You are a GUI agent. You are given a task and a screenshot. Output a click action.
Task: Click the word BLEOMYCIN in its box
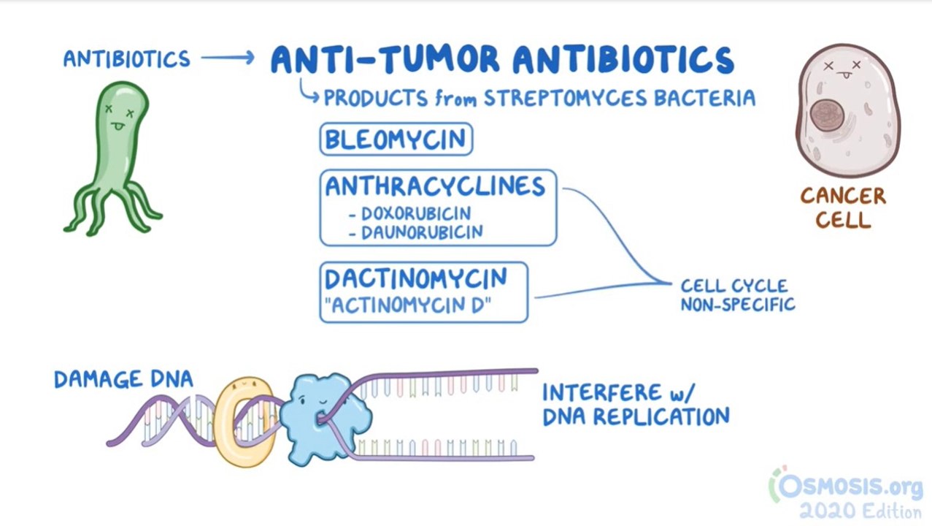pos(396,140)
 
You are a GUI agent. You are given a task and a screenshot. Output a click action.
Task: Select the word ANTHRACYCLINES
pos(435,186)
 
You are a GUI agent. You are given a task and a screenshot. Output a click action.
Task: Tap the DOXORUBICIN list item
pos(414,214)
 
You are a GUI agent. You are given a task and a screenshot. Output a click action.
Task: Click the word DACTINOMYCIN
pos(416,278)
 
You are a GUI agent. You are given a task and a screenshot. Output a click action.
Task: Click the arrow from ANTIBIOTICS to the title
pos(227,58)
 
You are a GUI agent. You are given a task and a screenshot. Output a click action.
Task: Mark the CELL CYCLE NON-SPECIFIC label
pos(737,295)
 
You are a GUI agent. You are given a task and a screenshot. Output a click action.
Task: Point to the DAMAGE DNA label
pos(123,378)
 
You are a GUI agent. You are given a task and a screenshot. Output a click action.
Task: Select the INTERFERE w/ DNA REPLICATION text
pos(634,404)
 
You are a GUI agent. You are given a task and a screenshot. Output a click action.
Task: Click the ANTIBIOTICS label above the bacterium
pos(126,58)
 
